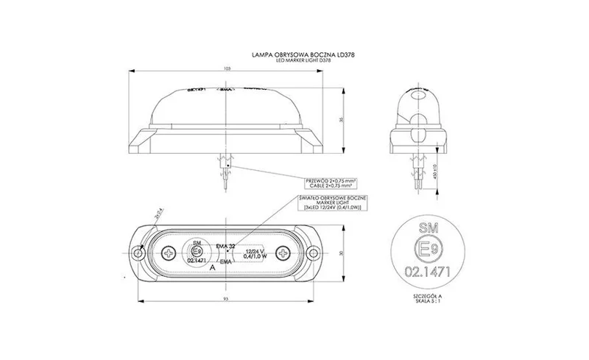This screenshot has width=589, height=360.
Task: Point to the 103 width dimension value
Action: [x=227, y=68]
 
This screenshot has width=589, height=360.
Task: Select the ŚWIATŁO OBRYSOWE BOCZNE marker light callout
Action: [x=331, y=204]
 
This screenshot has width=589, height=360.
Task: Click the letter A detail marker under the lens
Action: [x=213, y=269]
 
